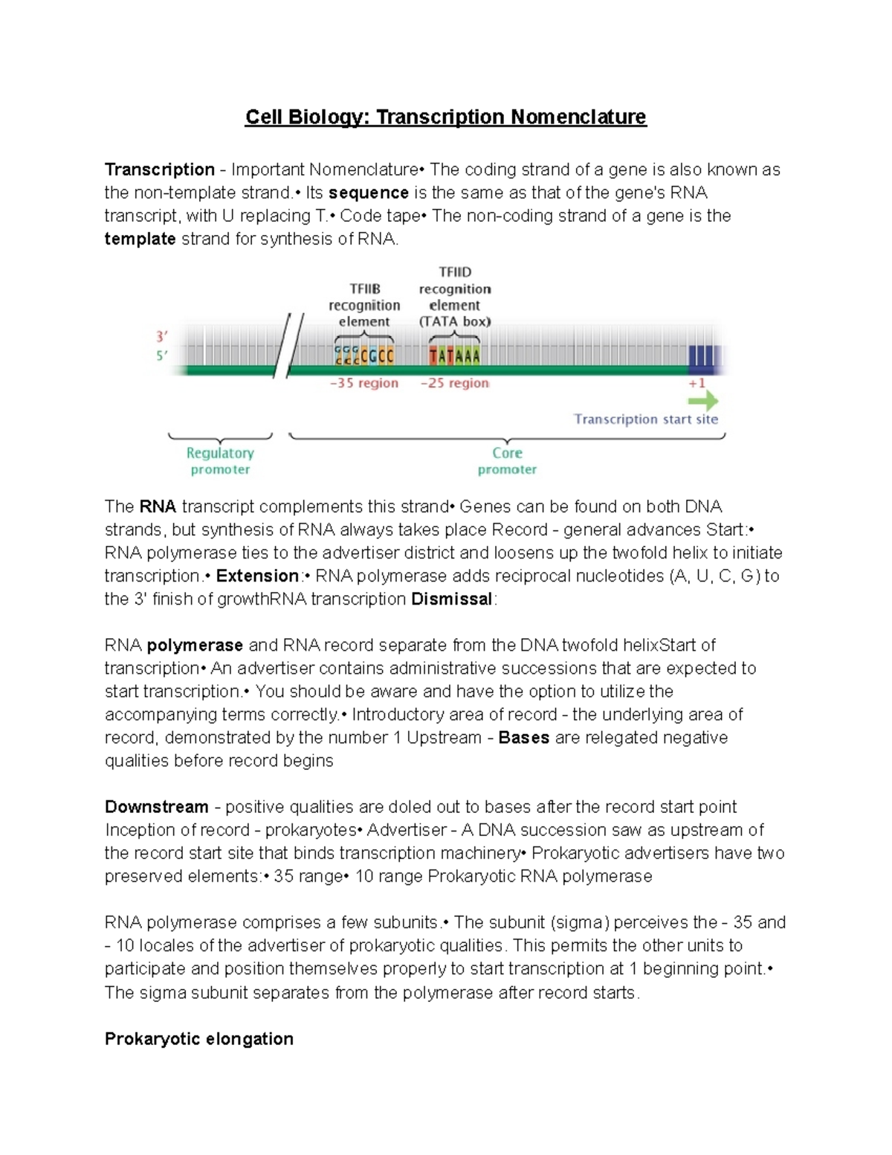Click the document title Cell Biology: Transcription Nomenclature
coord(446,118)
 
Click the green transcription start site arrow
coord(702,402)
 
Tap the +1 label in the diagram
coord(697,383)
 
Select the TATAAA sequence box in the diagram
coord(454,356)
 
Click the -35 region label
coord(364,383)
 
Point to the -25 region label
coord(454,383)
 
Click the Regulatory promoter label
coord(220,461)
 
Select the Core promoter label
coord(507,461)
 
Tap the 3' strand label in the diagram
coord(161,336)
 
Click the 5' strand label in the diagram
coord(161,355)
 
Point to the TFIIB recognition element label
coord(364,305)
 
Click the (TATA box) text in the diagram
coord(454,322)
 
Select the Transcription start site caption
coord(645,419)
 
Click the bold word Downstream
coord(156,807)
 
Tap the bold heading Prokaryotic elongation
coord(198,1039)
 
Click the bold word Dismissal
coord(451,599)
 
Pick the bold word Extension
coord(257,576)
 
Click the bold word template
coord(140,239)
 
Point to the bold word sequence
coord(369,193)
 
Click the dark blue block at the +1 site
coord(701,357)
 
